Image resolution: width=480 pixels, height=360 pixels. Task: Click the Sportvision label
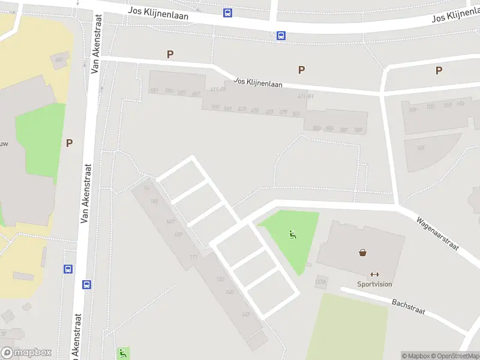pos(374,284)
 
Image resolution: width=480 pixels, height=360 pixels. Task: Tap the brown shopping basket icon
pos(363,253)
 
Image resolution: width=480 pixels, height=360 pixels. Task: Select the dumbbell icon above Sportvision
pos(375,274)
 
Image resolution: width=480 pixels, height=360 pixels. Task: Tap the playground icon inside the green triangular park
pos(293,235)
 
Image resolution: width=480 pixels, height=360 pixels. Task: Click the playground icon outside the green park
pos(123,353)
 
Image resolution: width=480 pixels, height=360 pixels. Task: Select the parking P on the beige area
pos(69,143)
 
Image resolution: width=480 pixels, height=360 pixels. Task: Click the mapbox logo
pos(26,353)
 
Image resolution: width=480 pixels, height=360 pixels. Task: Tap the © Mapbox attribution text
pos(416,356)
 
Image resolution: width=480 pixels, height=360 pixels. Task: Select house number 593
pos(169,91)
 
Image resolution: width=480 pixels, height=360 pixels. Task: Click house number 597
pos(196,94)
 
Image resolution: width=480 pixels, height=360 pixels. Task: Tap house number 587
pos(344,130)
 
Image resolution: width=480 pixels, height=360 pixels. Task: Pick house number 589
pos(358,130)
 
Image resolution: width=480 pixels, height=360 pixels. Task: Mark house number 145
pos(154,202)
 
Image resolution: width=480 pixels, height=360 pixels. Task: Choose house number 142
pos(245,314)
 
